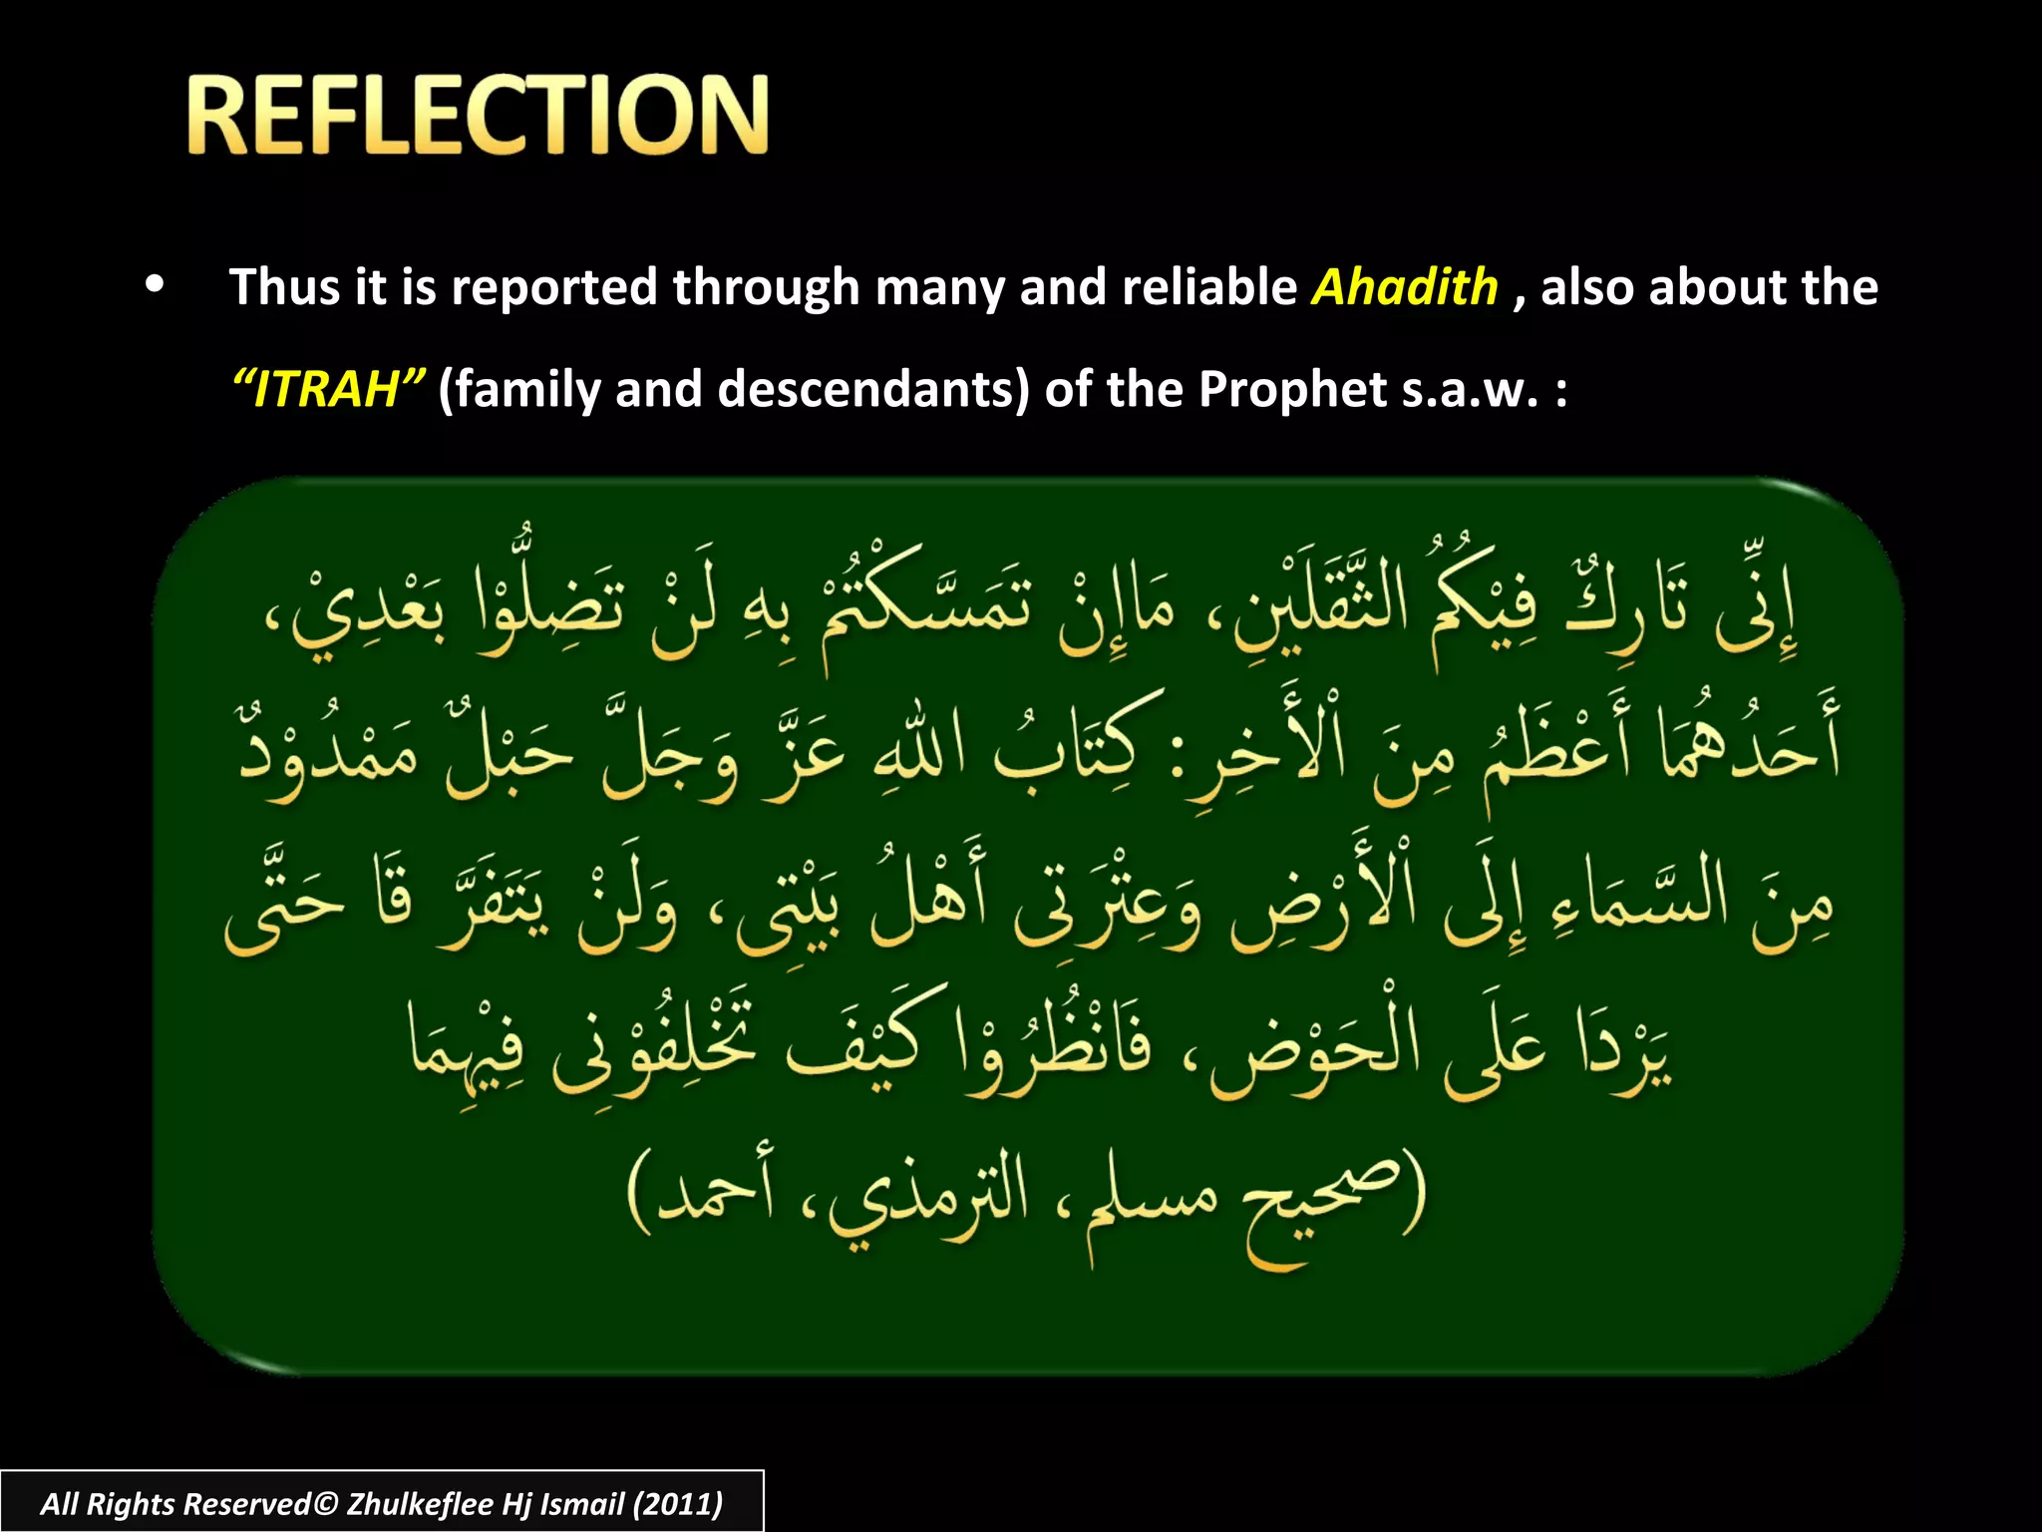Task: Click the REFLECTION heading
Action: pyautogui.click(x=477, y=116)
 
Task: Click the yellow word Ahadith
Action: pyautogui.click(x=1404, y=287)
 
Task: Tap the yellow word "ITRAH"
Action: pyautogui.click(x=329, y=389)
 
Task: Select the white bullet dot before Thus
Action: pyautogui.click(x=154, y=284)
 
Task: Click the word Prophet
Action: pyautogui.click(x=1292, y=389)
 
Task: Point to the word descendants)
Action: pyautogui.click(x=873, y=389)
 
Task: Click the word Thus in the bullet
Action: pyautogui.click(x=285, y=287)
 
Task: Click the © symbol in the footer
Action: pyautogui.click(x=326, y=1503)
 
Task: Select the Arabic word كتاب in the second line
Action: pyautogui.click(x=1077, y=743)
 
